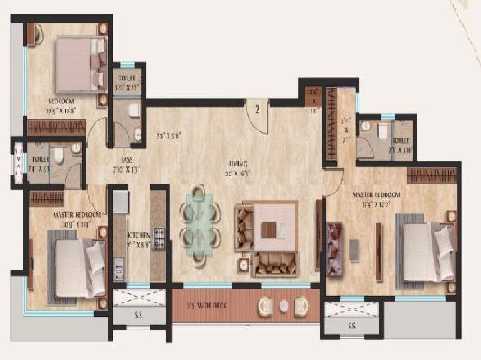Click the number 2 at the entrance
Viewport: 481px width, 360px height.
click(257, 111)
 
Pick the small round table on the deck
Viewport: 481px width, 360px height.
click(284, 306)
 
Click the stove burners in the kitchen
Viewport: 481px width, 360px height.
click(159, 240)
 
